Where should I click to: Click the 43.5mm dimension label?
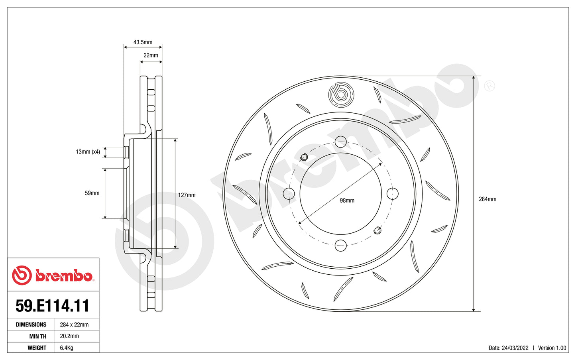pos(143,42)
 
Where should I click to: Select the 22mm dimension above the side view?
pos(151,55)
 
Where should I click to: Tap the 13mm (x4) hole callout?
pos(88,152)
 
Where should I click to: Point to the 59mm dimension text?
pos(92,193)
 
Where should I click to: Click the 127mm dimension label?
pos(187,195)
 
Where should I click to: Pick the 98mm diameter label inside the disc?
pos(347,201)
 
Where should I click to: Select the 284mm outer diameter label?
pos(487,199)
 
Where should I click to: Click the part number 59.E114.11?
pos(53,306)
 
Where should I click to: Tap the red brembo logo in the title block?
pos(53,275)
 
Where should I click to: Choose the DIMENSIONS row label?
pos(31,325)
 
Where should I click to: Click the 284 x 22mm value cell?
pos(74,325)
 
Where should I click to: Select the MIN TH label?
pos(37,336)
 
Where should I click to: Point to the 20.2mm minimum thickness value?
pos(69,336)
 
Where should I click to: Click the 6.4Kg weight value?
pos(67,348)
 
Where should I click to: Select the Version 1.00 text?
pos(552,348)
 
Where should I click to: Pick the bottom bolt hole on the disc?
pos(341,246)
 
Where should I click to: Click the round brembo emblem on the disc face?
pos(341,95)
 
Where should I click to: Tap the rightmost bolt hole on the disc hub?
pos(393,194)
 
